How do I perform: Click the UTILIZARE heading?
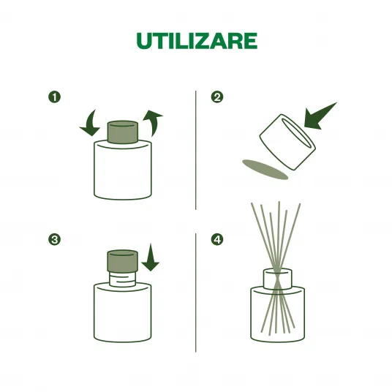click(197, 41)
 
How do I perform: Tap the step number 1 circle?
click(55, 97)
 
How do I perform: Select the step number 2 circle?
click(217, 97)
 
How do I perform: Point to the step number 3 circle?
click(55, 239)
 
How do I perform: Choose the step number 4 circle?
click(217, 239)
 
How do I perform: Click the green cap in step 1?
click(123, 132)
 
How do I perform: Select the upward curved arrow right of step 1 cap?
click(153, 123)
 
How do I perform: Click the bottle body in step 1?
click(123, 170)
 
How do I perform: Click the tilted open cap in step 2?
click(287, 142)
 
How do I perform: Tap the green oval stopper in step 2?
click(265, 170)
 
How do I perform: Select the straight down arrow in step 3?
click(151, 257)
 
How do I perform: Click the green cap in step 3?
click(123, 261)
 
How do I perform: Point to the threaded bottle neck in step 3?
click(123, 279)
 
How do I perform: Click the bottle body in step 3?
click(123, 312)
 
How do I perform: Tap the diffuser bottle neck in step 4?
click(278, 279)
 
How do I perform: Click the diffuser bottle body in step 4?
click(278, 314)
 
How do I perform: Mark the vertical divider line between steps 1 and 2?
click(196, 150)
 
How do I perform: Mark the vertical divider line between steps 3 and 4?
click(196, 293)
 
